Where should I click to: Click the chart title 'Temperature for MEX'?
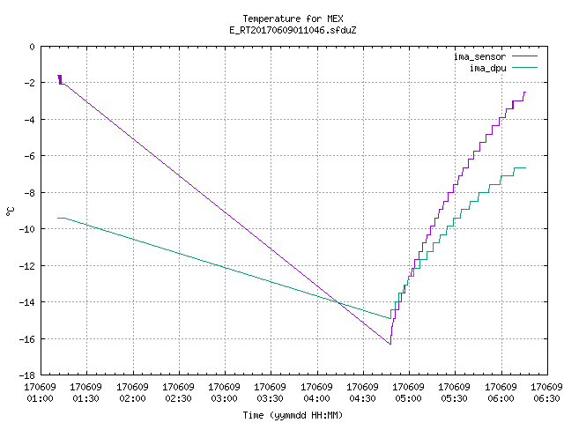(293, 19)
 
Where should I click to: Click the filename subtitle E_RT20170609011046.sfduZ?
(293, 30)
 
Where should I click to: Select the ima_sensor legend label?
(479, 56)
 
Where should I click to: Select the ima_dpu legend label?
(487, 68)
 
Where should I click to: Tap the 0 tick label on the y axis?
(33, 47)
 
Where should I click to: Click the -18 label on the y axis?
(27, 375)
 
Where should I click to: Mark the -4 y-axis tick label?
(29, 120)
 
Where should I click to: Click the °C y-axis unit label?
(11, 211)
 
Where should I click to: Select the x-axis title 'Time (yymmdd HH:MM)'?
(293, 415)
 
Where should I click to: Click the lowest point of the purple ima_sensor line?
(390, 345)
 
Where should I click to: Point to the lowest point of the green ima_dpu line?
(390, 318)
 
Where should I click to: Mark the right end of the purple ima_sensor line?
(526, 93)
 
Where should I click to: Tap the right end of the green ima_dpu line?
(526, 168)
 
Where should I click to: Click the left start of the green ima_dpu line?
(57, 218)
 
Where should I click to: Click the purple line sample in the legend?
(525, 56)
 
